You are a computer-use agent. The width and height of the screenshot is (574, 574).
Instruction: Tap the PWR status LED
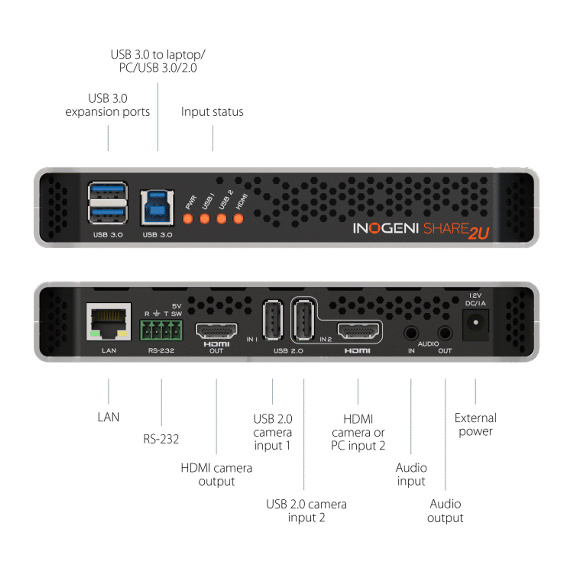(x=188, y=219)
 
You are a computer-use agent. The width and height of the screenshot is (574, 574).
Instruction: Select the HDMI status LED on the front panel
(x=238, y=219)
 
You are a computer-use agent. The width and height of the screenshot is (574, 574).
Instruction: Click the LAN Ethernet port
(x=109, y=321)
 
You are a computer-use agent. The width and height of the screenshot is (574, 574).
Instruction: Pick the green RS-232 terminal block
(x=161, y=330)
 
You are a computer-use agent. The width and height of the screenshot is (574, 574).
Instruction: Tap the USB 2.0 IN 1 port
(x=273, y=320)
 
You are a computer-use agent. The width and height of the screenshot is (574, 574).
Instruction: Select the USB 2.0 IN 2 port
(x=303, y=320)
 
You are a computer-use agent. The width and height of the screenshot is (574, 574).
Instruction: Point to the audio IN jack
(x=411, y=333)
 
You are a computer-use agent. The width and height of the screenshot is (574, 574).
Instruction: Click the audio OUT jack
(x=445, y=333)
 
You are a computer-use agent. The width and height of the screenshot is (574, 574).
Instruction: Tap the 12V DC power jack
(x=475, y=323)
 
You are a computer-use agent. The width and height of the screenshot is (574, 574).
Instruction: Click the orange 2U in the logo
(x=478, y=233)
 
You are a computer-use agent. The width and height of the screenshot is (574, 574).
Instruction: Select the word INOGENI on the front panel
(x=386, y=229)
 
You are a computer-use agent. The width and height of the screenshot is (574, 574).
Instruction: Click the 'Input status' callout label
(x=212, y=112)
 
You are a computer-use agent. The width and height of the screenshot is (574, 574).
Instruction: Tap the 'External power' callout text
(x=475, y=425)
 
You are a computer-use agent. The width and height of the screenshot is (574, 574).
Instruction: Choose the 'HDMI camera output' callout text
(x=216, y=475)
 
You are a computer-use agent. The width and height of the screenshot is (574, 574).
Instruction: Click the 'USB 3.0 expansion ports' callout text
(x=108, y=105)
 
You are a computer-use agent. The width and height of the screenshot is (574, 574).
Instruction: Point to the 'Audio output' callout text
(x=445, y=511)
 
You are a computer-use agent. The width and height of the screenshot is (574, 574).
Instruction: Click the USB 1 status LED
(x=205, y=219)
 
